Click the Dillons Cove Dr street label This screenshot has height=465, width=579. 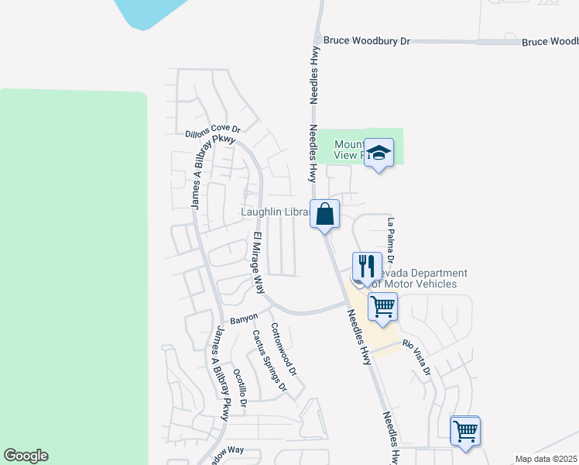pos(214,132)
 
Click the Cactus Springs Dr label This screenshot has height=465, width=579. pos(269,360)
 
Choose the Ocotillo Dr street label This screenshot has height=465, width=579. pos(239,387)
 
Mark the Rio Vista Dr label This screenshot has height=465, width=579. pos(416,359)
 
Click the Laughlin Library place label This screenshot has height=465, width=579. pos(276,212)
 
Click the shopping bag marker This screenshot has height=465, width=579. pos(325,213)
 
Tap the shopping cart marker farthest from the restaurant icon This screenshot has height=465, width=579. pos(465,430)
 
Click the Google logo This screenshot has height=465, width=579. pos(26,456)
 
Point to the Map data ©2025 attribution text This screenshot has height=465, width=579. pos(546,459)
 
